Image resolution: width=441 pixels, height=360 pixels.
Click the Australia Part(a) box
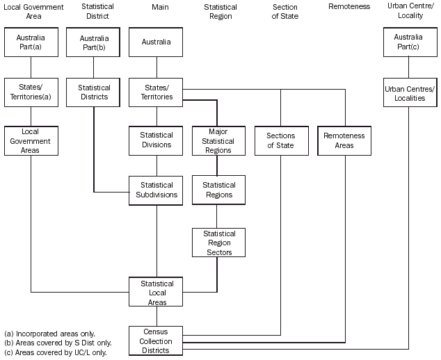click(31, 42)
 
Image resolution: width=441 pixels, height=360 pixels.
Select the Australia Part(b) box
click(93, 42)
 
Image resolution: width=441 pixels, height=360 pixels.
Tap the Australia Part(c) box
click(409, 42)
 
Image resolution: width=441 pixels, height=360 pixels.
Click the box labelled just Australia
click(156, 42)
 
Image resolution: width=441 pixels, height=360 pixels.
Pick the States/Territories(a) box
click(31, 92)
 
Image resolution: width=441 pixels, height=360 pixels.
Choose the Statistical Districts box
click(93, 92)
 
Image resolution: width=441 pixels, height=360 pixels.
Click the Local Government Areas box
click(31, 140)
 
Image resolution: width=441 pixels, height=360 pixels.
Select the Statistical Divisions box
click(156, 140)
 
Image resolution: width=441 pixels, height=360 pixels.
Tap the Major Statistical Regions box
click(218, 140)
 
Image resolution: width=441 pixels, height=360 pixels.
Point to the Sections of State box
click(281, 140)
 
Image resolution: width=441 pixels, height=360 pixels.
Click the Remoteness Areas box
click(344, 140)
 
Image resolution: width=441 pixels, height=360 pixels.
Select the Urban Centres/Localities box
click(409, 92)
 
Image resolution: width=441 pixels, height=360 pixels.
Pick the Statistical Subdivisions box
click(156, 190)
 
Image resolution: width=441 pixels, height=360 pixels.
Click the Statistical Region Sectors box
click(218, 243)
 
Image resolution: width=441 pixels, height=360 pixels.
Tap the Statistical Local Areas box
click(156, 293)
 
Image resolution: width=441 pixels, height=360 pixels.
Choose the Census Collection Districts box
click(156, 341)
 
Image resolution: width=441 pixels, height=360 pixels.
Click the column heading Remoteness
click(348, 7)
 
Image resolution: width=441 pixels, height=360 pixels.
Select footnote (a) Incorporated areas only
click(49, 334)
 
